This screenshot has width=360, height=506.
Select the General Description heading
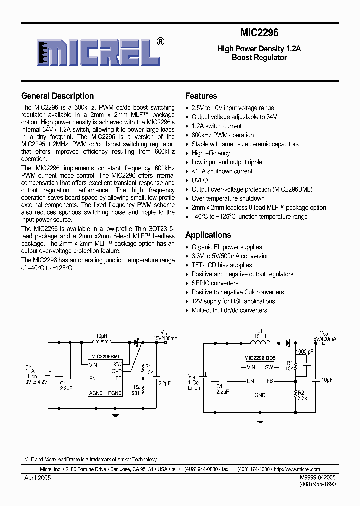57,96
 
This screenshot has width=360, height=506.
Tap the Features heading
201,96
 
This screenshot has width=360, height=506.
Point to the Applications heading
208,235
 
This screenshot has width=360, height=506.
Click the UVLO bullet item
199,180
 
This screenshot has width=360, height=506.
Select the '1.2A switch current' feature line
216,126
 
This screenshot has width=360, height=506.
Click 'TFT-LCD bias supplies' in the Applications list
221,265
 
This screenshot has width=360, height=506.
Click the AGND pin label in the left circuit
96,393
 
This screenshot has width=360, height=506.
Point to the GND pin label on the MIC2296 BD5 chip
260,395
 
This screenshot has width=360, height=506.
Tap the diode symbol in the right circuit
288,343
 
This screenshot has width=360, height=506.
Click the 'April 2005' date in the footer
37,478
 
